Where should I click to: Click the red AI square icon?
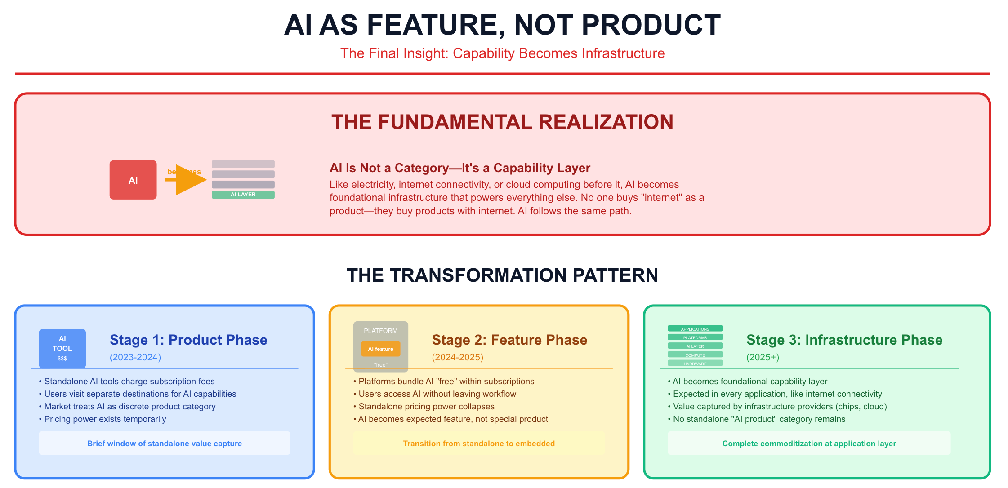(x=133, y=180)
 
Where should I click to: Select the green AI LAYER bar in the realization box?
(x=243, y=195)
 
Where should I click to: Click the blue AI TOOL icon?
(x=62, y=348)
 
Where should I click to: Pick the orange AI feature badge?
(x=380, y=349)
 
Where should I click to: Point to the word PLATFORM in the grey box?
(x=380, y=331)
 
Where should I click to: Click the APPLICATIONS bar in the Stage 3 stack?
(x=695, y=329)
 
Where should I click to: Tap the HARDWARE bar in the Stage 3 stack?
(x=695, y=364)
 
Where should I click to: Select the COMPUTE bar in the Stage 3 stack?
(x=695, y=355)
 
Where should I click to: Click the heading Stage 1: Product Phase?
(x=188, y=340)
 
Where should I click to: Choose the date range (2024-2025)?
(x=457, y=357)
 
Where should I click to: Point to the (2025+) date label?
(x=763, y=357)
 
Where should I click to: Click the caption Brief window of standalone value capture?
(x=165, y=444)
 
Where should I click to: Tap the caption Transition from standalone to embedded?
(x=479, y=444)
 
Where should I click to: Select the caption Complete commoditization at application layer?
(x=809, y=444)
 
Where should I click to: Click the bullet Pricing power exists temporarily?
(x=105, y=419)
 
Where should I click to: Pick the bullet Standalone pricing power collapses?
(x=426, y=406)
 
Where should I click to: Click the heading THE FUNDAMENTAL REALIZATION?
(x=502, y=122)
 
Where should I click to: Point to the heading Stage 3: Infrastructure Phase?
(x=844, y=340)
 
